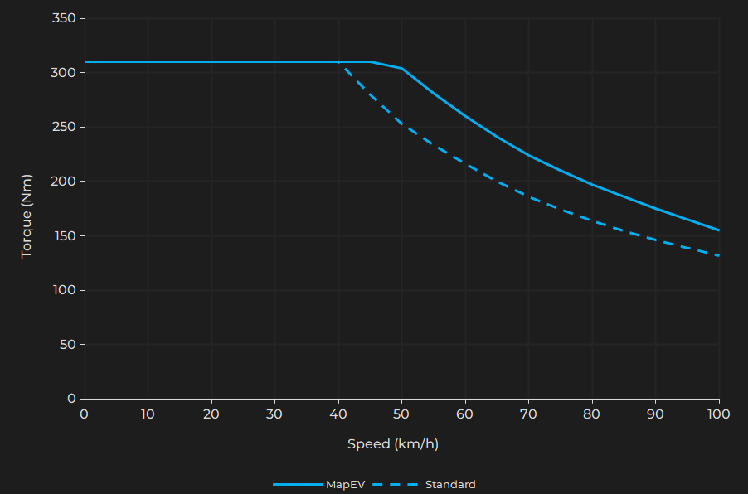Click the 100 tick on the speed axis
pos(718,413)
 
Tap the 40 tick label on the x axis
pos(338,413)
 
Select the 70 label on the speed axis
pos(528,413)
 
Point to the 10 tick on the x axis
pos(148,413)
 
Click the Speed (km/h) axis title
pos(393,444)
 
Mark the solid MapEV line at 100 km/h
pos(718,230)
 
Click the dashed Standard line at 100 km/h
pos(718,255)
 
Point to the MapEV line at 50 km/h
pos(401,69)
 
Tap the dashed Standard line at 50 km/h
pos(401,124)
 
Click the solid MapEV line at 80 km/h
pos(592,184)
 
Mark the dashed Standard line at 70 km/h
pos(528,197)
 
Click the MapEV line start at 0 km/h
pos(85,62)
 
